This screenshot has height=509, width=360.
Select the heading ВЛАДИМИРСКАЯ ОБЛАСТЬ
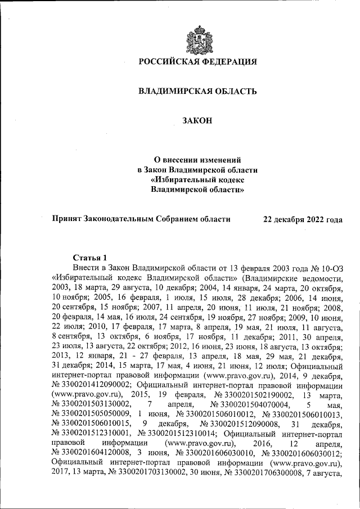pyautogui.click(x=197, y=91)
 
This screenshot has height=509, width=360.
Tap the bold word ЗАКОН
pyautogui.click(x=197, y=120)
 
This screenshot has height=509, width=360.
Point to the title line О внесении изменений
pyautogui.click(x=197, y=159)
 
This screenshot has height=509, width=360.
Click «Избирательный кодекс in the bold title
pyautogui.click(x=197, y=179)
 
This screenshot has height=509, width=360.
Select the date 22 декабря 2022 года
pyautogui.click(x=303, y=219)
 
